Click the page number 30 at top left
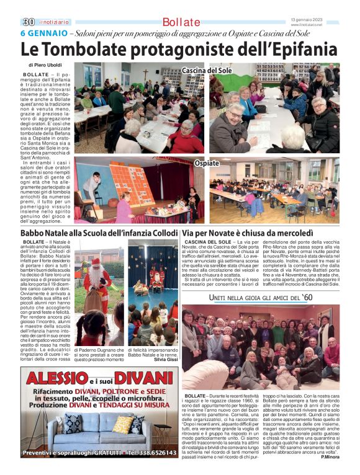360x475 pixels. (x=27, y=22)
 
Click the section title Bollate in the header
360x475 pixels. (x=180, y=22)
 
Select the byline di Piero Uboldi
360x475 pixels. (x=46, y=64)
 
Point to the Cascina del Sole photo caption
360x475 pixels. (x=207, y=71)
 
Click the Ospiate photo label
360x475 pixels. (x=206, y=163)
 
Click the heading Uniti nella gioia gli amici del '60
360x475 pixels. (x=261, y=298)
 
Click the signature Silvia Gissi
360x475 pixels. (x=166, y=360)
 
